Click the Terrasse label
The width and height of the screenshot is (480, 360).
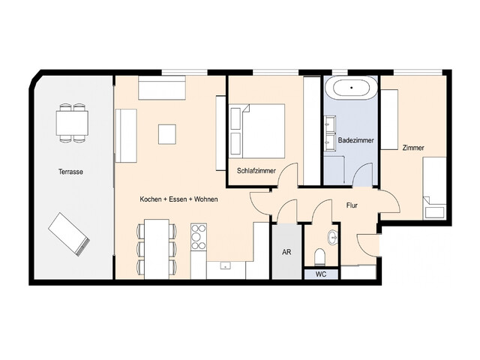coord(70,172)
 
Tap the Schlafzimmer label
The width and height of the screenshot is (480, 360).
coord(256,171)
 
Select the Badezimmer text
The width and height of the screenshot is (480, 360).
coord(356,140)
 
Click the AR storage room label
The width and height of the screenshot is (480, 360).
coord(286,253)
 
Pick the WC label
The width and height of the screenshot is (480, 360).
coord(320,274)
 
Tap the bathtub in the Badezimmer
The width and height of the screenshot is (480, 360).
coord(350,88)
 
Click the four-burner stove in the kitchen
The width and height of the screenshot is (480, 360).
coord(199,236)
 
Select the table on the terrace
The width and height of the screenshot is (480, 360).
coord(73,122)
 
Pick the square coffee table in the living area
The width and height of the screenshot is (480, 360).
coord(167,134)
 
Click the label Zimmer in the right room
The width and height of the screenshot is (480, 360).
coord(412,148)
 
